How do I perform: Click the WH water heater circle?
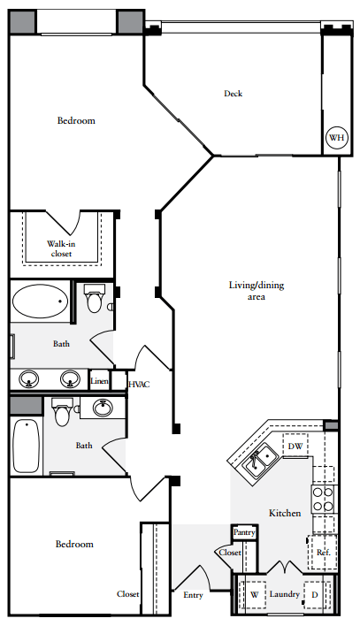pyautogui.click(x=336, y=138)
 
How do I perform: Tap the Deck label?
pyautogui.click(x=233, y=94)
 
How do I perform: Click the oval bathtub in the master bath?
pyautogui.click(x=41, y=302)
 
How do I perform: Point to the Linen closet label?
pyautogui.click(x=100, y=382)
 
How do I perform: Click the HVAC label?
pyautogui.click(x=140, y=385)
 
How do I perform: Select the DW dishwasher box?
pyautogui.click(x=295, y=447)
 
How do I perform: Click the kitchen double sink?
pyautogui.click(x=258, y=461)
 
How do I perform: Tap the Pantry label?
pyautogui.click(x=244, y=533)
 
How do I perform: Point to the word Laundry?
pyautogui.click(x=284, y=595)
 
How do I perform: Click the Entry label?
pyautogui.click(x=192, y=595)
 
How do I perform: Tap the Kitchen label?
pyautogui.click(x=285, y=513)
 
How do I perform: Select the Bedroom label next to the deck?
pyautogui.click(x=76, y=120)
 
